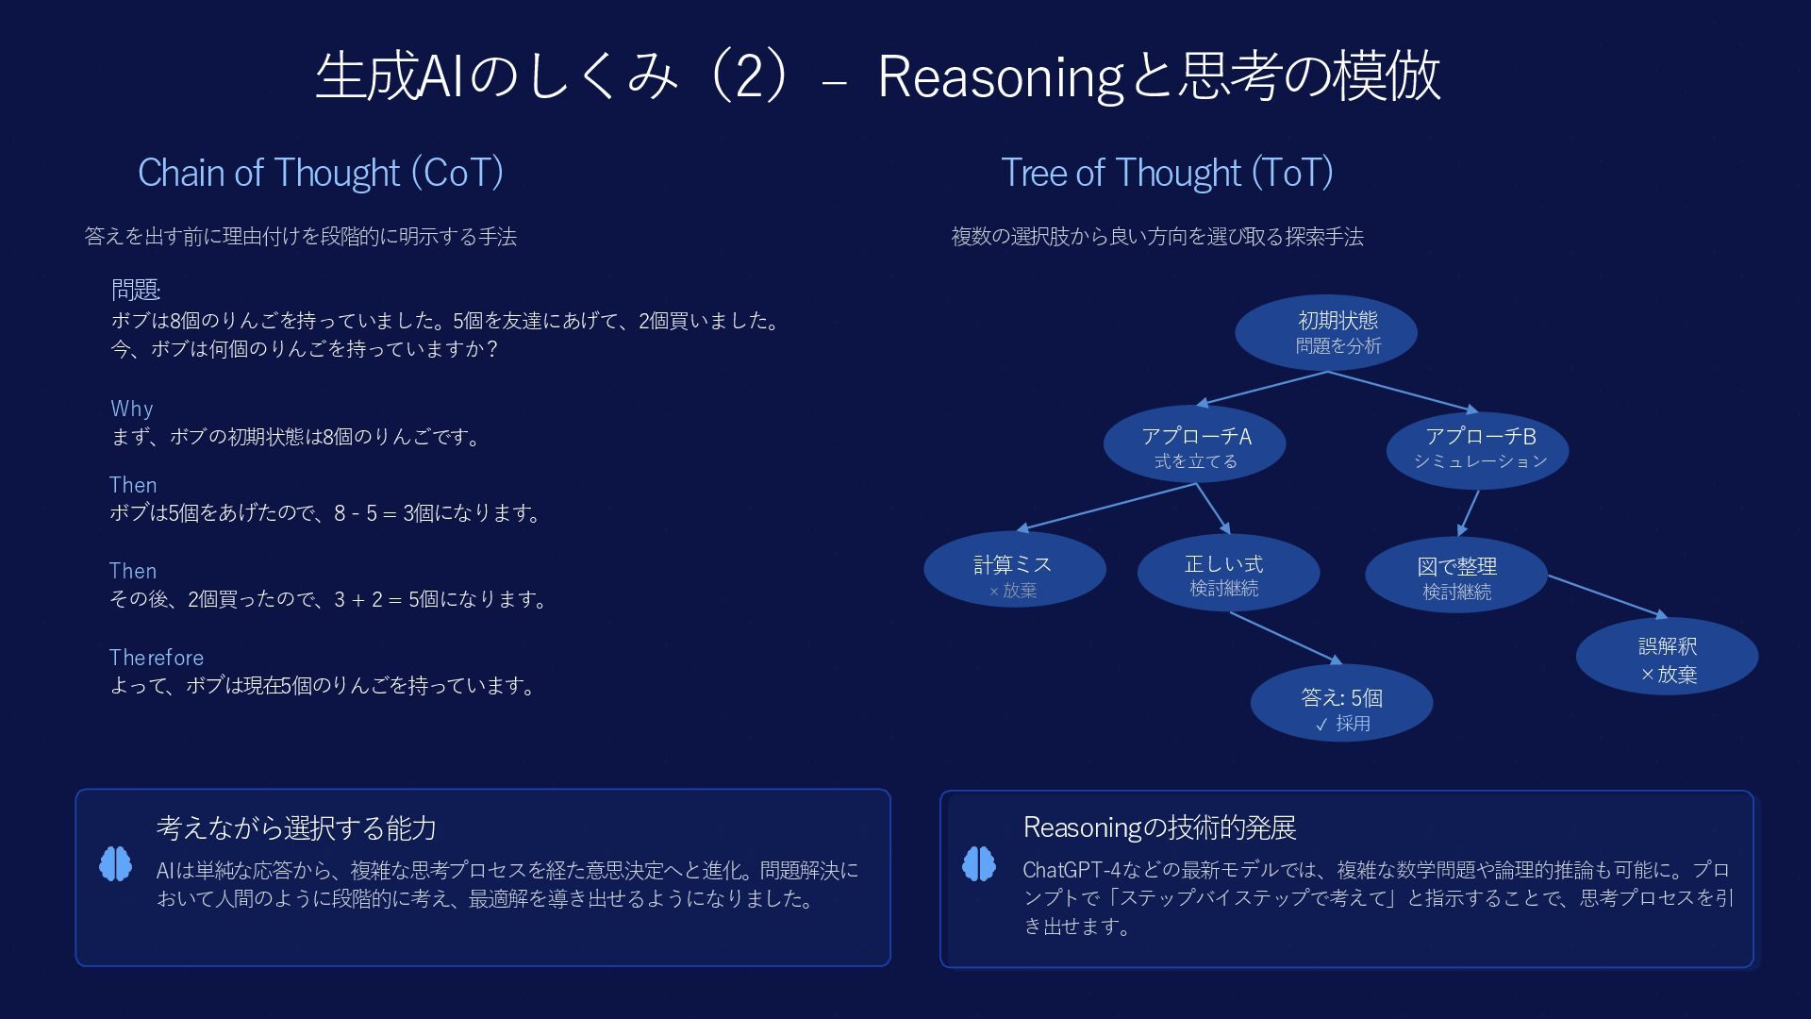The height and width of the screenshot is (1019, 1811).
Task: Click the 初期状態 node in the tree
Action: click(x=1326, y=332)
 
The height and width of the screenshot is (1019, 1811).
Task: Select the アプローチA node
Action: click(x=1194, y=446)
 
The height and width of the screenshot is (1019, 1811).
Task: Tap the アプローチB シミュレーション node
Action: click(x=1477, y=448)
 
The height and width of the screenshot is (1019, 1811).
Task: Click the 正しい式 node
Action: click(x=1227, y=572)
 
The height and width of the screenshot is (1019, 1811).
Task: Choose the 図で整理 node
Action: click(x=1455, y=575)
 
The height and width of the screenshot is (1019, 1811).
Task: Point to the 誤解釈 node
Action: click(x=1667, y=657)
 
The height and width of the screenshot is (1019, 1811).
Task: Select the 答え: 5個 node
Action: click(x=1341, y=705)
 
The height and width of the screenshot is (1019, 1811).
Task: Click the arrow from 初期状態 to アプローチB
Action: click(x=1403, y=392)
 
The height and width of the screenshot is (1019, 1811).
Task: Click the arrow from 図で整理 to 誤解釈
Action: click(x=1607, y=596)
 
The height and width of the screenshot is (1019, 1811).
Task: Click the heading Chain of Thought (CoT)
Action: click(x=321, y=173)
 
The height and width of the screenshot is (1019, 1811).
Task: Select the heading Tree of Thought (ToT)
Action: click(x=1167, y=173)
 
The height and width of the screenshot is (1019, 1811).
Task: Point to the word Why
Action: click(x=131, y=409)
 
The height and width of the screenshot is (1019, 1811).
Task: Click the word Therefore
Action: click(x=156, y=658)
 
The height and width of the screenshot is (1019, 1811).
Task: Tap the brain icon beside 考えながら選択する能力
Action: click(x=116, y=864)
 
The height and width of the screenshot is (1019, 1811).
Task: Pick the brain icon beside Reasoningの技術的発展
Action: click(x=979, y=863)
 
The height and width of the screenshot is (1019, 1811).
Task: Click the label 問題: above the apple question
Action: click(x=136, y=290)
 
